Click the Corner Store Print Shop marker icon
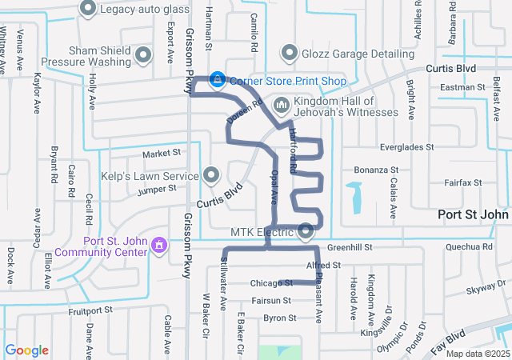pyautogui.click(x=218, y=80)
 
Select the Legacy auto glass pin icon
pyautogui.click(x=88, y=9)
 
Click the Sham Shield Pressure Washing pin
pyautogui.click(x=144, y=54)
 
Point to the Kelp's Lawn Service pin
pyautogui.click(x=211, y=174)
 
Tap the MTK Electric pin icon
pyautogui.click(x=306, y=232)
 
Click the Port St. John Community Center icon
pyautogui.click(x=158, y=243)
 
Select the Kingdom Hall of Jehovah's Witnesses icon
pyautogui.click(x=282, y=105)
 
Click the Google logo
pyautogui.click(x=27, y=350)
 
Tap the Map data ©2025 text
pyautogui.click(x=477, y=354)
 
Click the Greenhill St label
pyautogui.click(x=349, y=248)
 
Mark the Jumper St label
pyautogui.click(x=156, y=189)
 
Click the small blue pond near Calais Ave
pyautogui.click(x=354, y=194)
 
